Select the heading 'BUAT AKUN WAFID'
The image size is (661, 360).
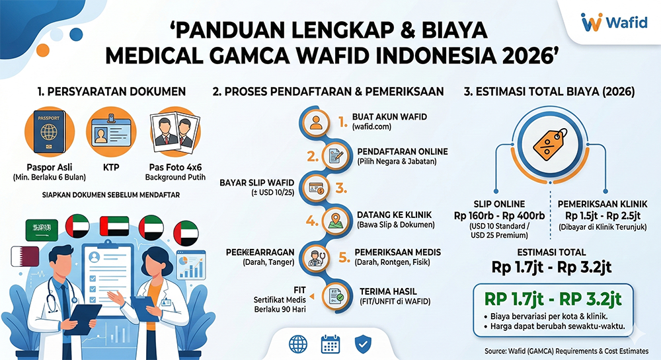pos(389,117)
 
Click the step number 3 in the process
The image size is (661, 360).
pos(341,188)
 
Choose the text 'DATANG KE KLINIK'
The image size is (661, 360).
pos(395,214)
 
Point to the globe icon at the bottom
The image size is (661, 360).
pos(299,343)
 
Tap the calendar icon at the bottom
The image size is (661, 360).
pos(330,343)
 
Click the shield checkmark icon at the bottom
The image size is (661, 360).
pos(362,343)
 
